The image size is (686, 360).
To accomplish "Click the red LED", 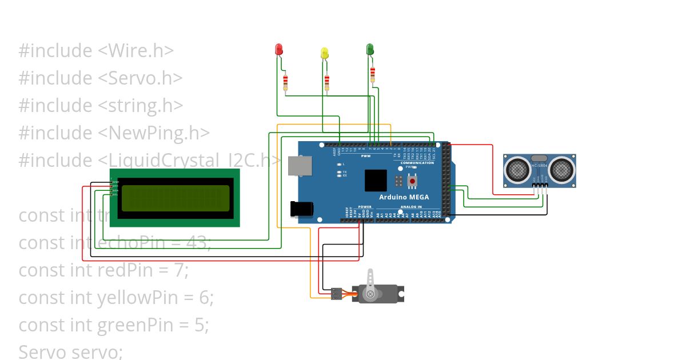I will click(x=279, y=49).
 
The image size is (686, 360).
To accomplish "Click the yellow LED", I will click(x=325, y=53).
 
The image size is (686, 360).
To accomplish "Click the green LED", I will click(x=370, y=49).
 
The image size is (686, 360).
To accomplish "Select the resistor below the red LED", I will click(x=285, y=83).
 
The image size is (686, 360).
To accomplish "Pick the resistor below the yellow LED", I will click(x=327, y=83).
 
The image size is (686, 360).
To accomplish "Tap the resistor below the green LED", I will click(x=373, y=74).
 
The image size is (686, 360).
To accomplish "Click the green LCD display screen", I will click(x=176, y=198).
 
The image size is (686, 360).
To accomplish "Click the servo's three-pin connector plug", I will click(x=336, y=294).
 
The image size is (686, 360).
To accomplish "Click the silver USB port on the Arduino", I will click(x=297, y=166).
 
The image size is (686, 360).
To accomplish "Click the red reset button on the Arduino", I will click(x=412, y=181).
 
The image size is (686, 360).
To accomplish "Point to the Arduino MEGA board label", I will click(x=404, y=197).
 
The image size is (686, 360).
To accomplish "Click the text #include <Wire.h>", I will click(x=96, y=51).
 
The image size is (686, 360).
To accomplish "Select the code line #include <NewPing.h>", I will click(x=114, y=133).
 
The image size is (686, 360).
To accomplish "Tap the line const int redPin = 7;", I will click(x=103, y=270).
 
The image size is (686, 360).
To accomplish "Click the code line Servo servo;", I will click(x=70, y=351).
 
